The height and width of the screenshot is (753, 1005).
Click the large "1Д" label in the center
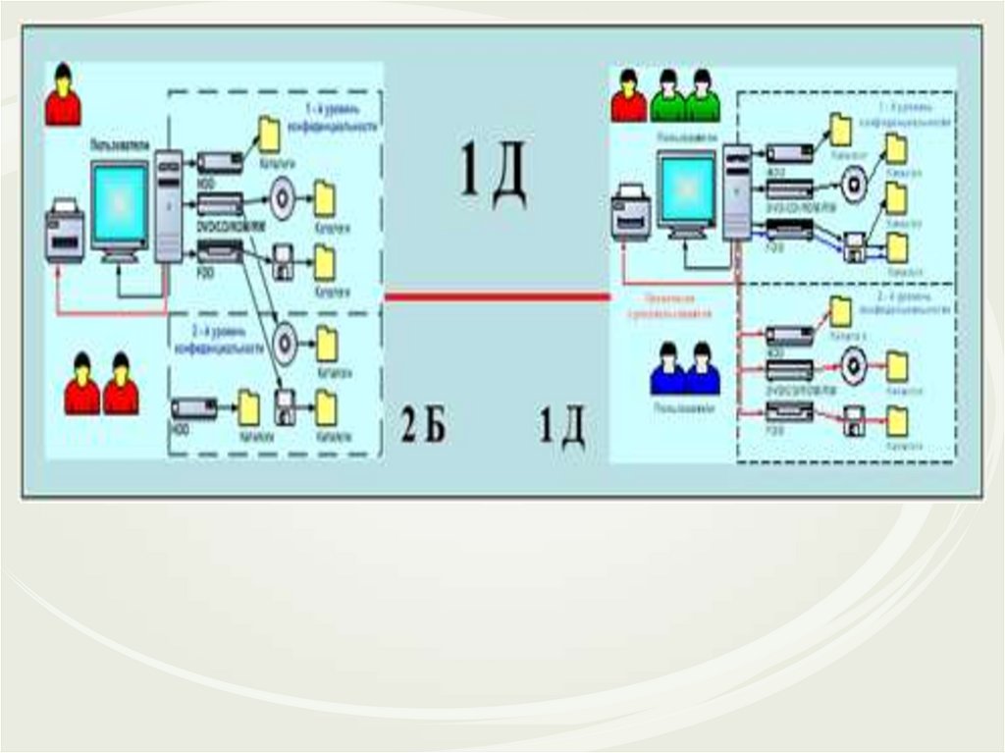coord(494,174)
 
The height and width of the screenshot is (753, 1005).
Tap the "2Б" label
coord(423,426)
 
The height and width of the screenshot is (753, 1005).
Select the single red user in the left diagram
coord(64,96)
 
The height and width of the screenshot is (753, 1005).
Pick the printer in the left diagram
coord(65,232)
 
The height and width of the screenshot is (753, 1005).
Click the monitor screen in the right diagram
coord(686,187)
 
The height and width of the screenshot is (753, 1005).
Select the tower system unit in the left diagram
coord(169,206)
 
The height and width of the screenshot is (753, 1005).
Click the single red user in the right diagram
coord(628,96)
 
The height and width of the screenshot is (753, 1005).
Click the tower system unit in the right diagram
coord(737,191)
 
